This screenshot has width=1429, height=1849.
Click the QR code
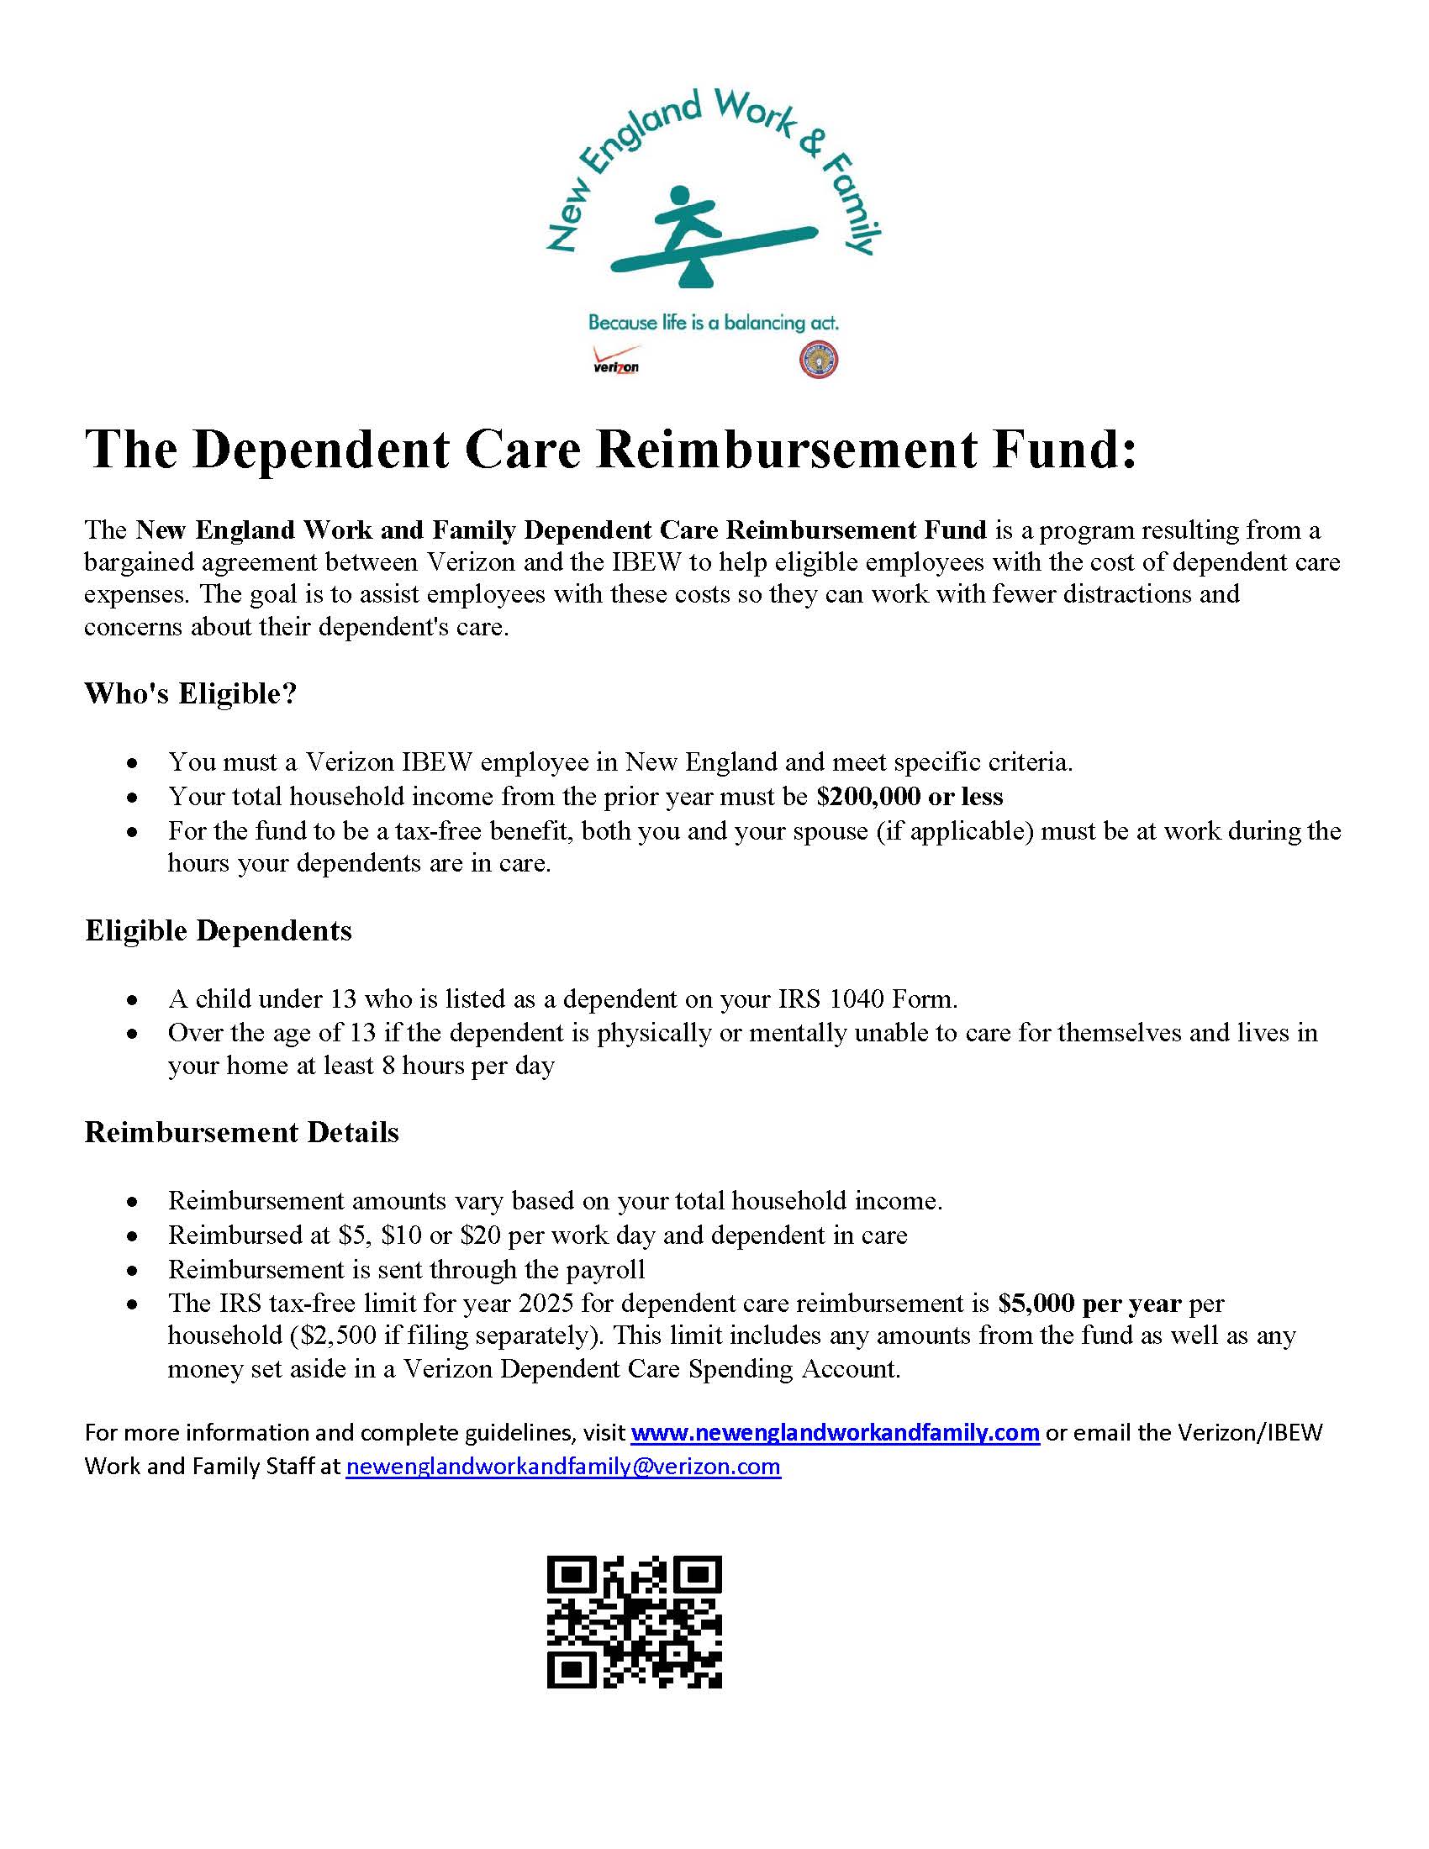pos(634,1622)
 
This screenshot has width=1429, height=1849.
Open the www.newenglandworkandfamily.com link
pos(835,1432)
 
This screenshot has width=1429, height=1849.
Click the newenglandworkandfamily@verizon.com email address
pos(563,1466)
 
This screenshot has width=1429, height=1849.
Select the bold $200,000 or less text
pos(910,796)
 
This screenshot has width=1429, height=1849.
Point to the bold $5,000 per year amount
pos(1089,1303)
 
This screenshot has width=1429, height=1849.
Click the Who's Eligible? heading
pos(191,693)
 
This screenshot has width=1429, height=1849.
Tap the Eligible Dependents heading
pos(219,930)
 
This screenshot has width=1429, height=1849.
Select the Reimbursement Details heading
pos(241,1132)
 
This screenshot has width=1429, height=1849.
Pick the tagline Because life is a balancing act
pos(713,323)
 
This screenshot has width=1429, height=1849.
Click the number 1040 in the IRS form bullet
pos(858,999)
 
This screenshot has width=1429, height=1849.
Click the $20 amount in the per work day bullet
pos(481,1235)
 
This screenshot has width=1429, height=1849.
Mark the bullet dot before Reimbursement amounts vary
pos(132,1202)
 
